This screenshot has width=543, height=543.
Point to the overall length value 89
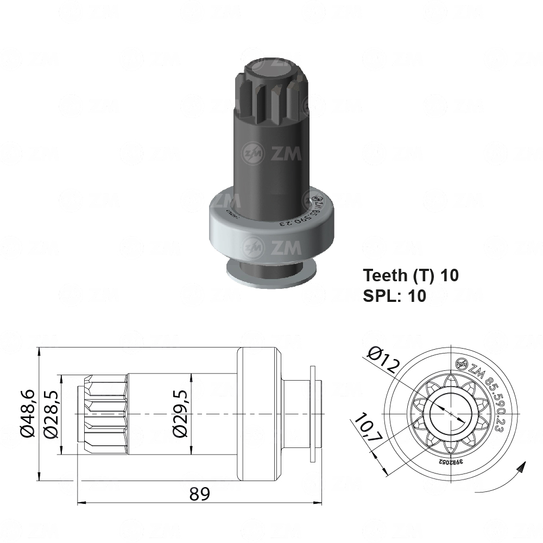[x=199, y=494]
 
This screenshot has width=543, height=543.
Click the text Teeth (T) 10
[x=411, y=275]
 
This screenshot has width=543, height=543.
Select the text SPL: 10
[x=394, y=295]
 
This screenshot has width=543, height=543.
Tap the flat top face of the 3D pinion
[x=271, y=67]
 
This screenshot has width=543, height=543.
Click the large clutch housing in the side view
[x=259, y=415]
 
